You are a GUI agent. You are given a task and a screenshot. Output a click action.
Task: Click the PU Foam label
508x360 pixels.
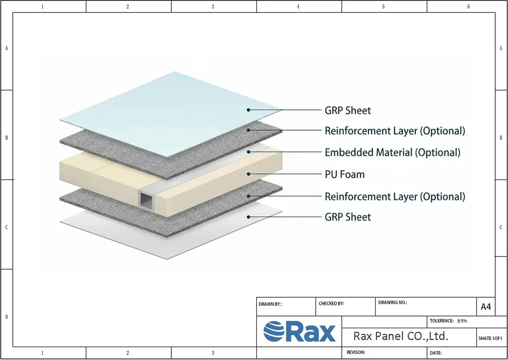point(345,174)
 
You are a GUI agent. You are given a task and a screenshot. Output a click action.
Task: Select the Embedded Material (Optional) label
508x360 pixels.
point(392,152)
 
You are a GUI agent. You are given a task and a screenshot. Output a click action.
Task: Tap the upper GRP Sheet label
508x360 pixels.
point(348,111)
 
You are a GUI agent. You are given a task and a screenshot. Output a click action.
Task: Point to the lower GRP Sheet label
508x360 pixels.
point(348,217)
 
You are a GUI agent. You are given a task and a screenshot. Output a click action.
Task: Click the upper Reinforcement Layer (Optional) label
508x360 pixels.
point(395,131)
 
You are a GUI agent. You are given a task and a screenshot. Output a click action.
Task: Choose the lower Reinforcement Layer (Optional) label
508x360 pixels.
point(395,197)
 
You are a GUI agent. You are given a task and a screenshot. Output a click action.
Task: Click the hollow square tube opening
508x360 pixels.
point(146,200)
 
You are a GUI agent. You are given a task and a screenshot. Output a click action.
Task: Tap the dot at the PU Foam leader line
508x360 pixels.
point(248,174)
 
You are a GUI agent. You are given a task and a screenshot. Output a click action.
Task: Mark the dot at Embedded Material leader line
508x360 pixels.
point(248,152)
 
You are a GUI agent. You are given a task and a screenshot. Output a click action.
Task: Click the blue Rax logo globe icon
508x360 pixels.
point(274,331)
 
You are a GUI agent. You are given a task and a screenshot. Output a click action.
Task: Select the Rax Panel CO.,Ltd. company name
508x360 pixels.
point(401,336)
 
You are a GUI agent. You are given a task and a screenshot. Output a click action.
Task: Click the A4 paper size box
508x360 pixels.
point(486,307)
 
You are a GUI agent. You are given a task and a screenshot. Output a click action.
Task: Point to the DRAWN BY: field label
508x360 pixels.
point(270,304)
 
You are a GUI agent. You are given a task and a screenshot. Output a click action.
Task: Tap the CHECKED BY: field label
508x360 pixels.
point(331,304)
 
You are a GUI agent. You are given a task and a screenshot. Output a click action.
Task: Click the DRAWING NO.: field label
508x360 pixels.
point(392,302)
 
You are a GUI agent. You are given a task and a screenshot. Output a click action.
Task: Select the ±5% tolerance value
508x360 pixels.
point(462,321)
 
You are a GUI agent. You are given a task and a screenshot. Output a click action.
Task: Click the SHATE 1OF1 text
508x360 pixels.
point(490,338)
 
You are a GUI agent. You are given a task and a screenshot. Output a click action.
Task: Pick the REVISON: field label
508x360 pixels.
point(356,352)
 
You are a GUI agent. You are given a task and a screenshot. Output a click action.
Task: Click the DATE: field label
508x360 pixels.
point(436,353)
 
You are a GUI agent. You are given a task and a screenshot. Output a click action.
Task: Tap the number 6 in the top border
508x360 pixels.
point(469,7)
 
